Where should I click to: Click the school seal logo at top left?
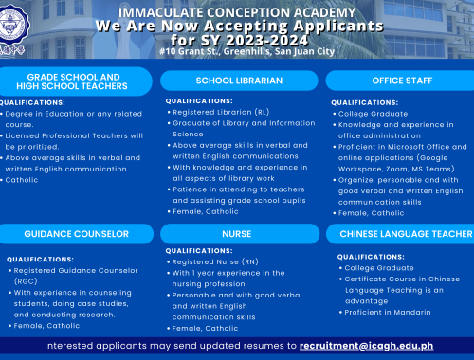point(13,25)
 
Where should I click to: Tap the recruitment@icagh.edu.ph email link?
point(366,346)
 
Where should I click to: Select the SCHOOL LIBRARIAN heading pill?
point(239,81)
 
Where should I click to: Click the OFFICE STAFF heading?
point(402,81)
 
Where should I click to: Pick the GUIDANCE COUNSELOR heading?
point(77,234)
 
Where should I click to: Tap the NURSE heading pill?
point(240,234)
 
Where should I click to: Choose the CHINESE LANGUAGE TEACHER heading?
point(406,234)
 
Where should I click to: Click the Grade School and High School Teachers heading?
point(72,81)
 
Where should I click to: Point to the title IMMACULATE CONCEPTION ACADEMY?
point(237,12)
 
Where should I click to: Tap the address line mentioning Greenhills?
point(246,51)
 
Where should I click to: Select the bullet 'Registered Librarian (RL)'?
point(221,112)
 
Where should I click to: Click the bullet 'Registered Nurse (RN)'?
point(215,262)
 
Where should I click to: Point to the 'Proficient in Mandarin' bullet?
point(388,313)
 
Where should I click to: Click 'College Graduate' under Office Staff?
point(373,114)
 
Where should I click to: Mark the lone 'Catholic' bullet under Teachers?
point(22,180)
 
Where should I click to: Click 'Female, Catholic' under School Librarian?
point(206,211)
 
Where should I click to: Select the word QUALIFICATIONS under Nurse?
point(199,251)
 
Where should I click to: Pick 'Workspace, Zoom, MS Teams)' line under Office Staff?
point(396,169)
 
